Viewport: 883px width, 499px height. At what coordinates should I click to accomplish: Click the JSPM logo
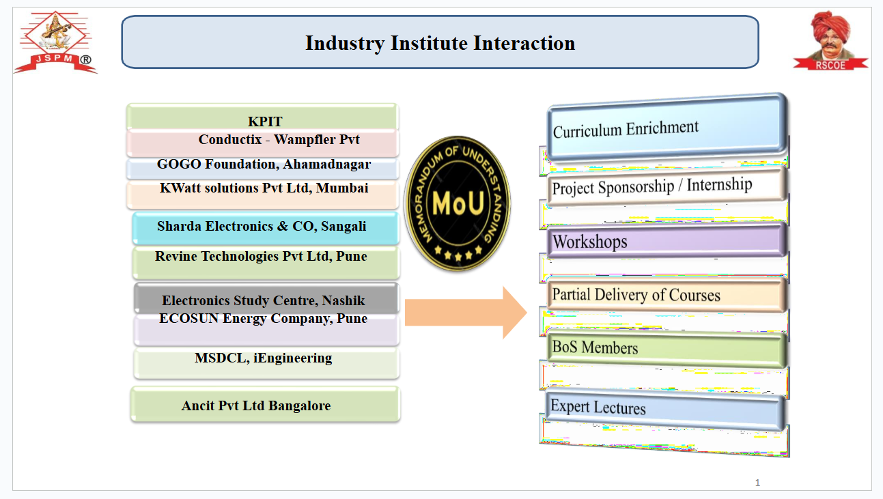click(55, 42)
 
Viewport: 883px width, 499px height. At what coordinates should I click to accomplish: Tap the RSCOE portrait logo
click(830, 40)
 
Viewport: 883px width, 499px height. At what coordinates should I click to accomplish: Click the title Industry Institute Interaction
click(440, 43)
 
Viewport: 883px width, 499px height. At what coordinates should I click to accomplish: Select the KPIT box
click(262, 117)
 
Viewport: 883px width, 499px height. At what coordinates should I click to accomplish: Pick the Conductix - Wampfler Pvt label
click(279, 139)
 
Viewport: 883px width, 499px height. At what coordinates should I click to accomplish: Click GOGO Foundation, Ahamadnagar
click(264, 164)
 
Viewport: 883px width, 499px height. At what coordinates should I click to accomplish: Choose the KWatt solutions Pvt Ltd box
click(262, 195)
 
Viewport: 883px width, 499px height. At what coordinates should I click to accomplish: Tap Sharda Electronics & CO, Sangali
click(262, 226)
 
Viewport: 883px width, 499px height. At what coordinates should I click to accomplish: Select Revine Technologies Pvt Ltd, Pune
click(261, 256)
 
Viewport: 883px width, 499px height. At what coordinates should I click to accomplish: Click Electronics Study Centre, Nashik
click(264, 300)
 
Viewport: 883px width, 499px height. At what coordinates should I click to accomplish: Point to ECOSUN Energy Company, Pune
click(264, 319)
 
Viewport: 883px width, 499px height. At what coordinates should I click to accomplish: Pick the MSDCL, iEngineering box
click(266, 363)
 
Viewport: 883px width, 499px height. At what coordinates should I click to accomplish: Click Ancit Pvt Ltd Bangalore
click(256, 405)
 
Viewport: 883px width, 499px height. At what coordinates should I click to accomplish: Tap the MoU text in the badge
click(458, 204)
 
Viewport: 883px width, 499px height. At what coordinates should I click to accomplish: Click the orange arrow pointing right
click(466, 313)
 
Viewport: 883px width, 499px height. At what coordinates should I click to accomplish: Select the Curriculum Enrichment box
click(667, 128)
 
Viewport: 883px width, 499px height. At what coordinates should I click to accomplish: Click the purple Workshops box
click(667, 240)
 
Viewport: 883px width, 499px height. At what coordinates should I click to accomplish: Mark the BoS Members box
click(667, 349)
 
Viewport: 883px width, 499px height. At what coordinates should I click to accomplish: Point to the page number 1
click(757, 483)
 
